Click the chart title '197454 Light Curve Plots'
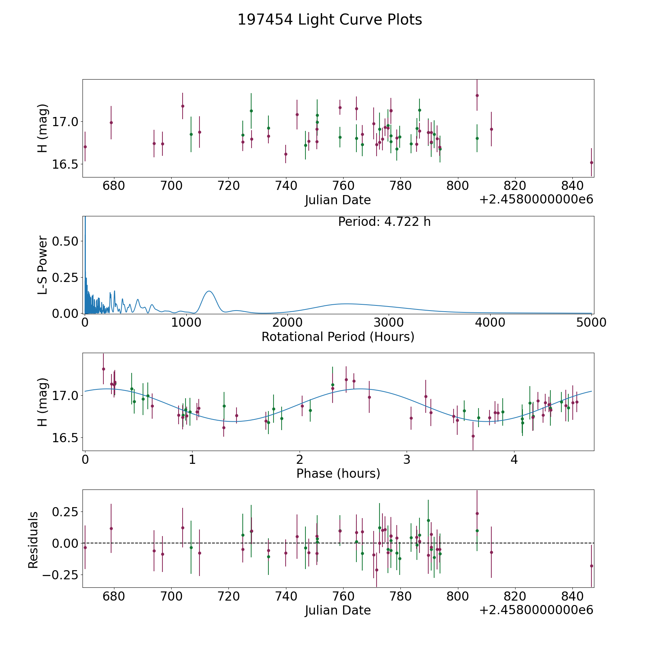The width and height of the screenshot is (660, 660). point(330,20)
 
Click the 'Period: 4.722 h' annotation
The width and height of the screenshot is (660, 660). point(384,222)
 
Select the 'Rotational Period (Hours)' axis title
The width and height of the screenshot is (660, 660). point(338,337)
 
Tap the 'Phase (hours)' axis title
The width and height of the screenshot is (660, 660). point(338,473)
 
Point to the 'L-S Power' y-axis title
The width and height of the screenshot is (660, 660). point(43,265)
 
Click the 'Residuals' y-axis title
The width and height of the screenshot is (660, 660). point(33,540)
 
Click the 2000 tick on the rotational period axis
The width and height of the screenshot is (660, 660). point(287,323)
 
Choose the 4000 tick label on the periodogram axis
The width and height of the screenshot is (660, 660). point(490,323)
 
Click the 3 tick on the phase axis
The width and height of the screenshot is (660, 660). point(407,459)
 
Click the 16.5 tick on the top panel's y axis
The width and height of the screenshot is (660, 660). point(65,164)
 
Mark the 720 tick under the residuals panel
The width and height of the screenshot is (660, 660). point(228,596)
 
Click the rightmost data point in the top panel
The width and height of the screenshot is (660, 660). point(591,162)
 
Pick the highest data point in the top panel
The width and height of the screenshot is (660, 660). point(477,95)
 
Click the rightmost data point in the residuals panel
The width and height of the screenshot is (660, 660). point(591,566)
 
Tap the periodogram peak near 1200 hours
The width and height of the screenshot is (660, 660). point(209,291)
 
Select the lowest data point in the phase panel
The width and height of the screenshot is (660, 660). point(473,436)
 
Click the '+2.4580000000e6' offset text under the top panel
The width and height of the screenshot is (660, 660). point(536,200)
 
